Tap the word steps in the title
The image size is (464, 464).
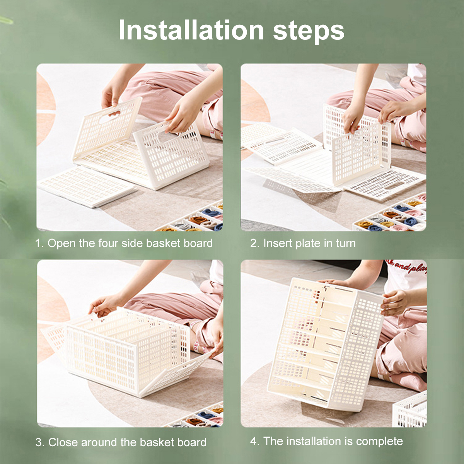pyautogui.click(x=309, y=32)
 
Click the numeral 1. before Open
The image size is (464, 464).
pyautogui.click(x=40, y=243)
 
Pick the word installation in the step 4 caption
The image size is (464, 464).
pyautogui.click(x=314, y=441)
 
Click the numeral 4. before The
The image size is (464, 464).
pyautogui.click(x=255, y=441)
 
